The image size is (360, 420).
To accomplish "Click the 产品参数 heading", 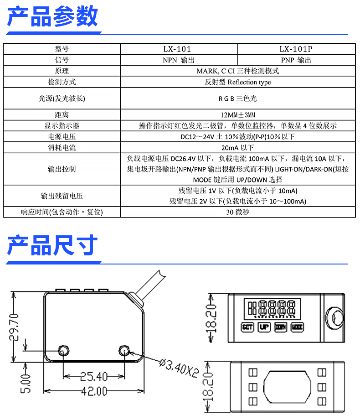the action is [53, 17].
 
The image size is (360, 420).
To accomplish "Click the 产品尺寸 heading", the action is [53, 246].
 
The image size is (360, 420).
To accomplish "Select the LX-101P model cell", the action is [296, 49].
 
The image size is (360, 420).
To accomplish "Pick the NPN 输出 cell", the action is [179, 60].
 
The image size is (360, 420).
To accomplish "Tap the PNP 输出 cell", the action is [296, 60].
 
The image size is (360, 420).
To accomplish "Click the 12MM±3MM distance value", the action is [237, 114].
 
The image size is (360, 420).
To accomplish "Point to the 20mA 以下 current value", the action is [237, 148].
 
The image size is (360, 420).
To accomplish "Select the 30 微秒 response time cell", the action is [237, 212].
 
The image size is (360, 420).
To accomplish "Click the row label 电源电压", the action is [62, 137].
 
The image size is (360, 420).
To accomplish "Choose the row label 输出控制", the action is [62, 169].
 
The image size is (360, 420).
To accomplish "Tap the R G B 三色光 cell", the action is [237, 98].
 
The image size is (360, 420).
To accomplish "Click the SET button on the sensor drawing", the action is [247, 327].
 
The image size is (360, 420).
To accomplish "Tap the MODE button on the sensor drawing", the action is [297, 327].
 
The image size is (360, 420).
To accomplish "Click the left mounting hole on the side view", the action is [63, 350].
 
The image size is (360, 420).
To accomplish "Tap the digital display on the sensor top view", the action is [271, 308].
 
